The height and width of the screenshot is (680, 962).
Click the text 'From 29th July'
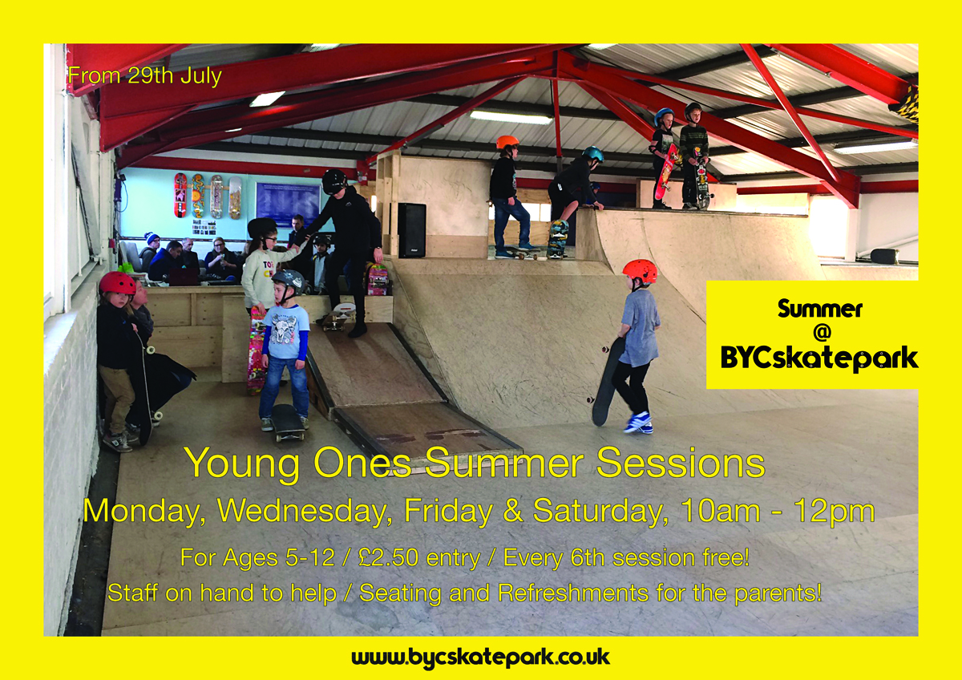click(x=145, y=76)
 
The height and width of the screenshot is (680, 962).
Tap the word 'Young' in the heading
click(x=243, y=464)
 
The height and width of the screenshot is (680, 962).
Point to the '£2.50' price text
click(x=388, y=557)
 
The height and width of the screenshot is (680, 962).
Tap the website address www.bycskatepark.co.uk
click(x=480, y=658)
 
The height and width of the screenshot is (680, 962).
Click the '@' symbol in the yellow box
click(x=820, y=333)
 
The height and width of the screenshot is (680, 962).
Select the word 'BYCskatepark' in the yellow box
click(x=819, y=359)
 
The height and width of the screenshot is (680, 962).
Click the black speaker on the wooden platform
click(x=411, y=230)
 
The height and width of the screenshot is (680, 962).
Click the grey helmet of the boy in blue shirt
click(x=288, y=281)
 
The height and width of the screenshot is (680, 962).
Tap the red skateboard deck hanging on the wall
click(x=180, y=196)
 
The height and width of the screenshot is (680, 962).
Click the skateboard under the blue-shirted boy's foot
click(x=287, y=423)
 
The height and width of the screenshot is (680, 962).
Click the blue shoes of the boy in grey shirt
click(x=637, y=422)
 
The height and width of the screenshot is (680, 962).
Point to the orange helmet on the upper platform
click(x=507, y=142)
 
